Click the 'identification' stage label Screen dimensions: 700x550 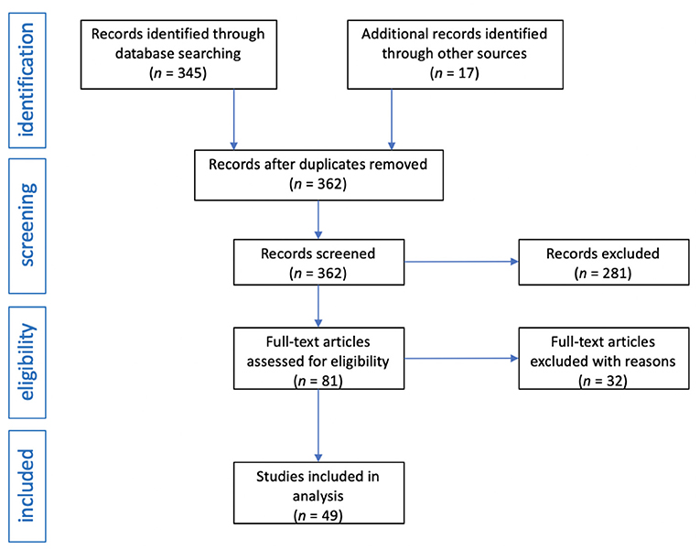pos(27,80)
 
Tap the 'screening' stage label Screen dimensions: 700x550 pos(27,225)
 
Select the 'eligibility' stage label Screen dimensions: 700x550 pos(27,362)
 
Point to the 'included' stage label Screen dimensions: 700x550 pos(27,486)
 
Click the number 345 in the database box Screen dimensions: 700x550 pos(189,73)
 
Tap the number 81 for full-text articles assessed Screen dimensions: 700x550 pos(330,381)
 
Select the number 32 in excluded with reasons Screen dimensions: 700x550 pos(615,381)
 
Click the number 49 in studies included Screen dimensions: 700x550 pos(330,515)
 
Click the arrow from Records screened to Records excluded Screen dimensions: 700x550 pos(461,262)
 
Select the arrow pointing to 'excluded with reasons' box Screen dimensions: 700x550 pos(461,358)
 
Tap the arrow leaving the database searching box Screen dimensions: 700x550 pos(233,119)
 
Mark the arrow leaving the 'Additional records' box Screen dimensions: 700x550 pos(392,119)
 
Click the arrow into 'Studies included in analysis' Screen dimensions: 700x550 pos(318,426)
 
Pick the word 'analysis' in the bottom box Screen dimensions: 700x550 pos(318,496)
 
